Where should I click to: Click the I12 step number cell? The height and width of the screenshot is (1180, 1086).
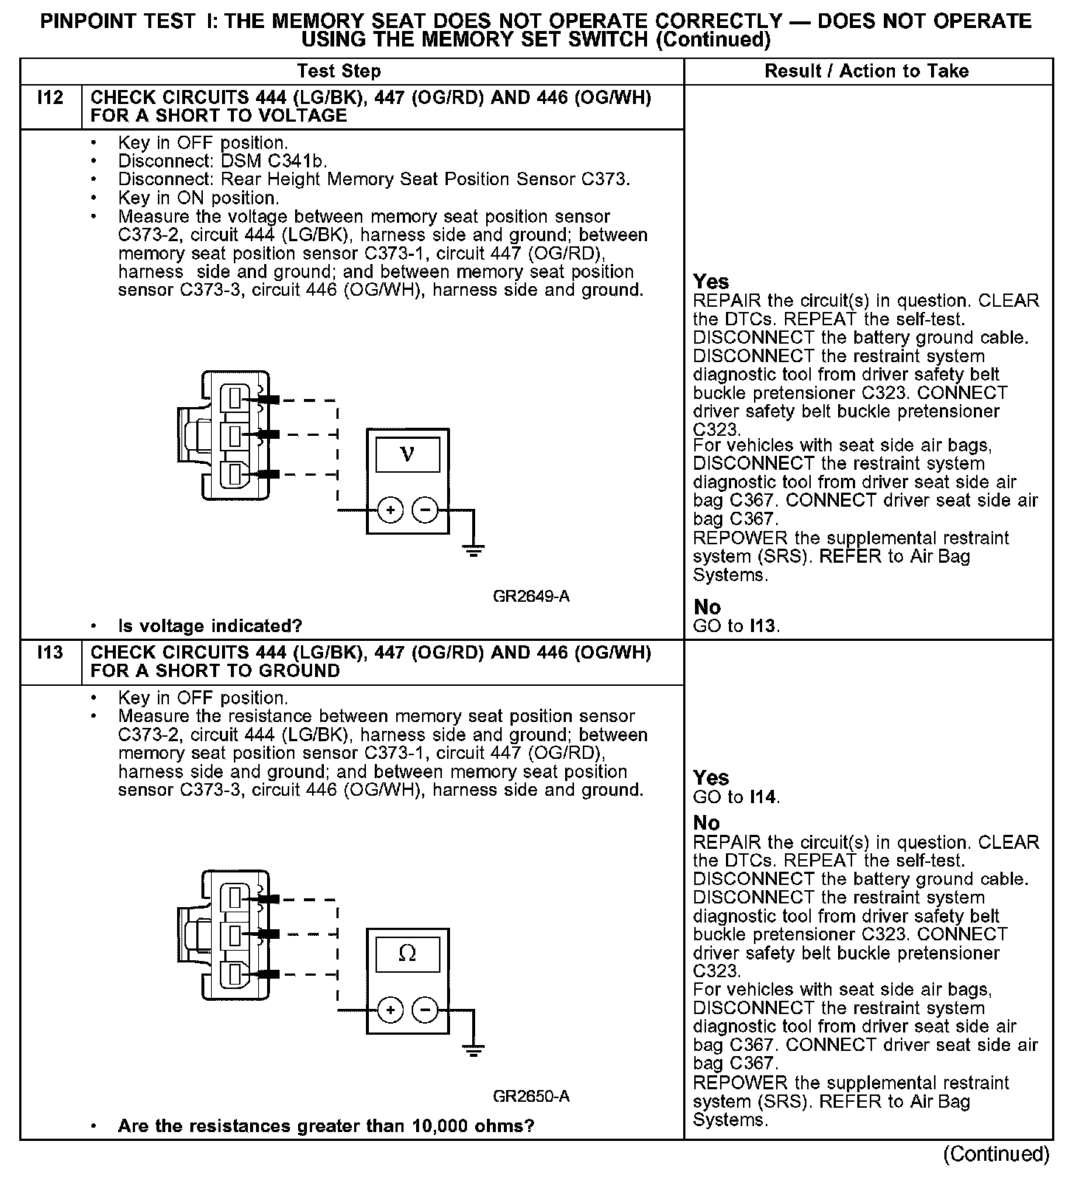tap(49, 98)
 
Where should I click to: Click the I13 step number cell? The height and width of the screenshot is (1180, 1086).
tap(49, 653)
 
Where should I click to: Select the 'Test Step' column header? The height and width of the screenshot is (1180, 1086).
tap(339, 72)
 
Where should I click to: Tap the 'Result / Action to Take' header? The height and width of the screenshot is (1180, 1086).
tap(866, 72)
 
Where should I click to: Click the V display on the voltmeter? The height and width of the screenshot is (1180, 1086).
tap(407, 454)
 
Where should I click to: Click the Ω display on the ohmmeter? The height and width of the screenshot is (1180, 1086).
tap(407, 954)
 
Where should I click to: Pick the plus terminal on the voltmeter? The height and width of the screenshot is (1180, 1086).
tap(390, 510)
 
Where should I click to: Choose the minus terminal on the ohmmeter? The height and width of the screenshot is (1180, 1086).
tap(424, 1010)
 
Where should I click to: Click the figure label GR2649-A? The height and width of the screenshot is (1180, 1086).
tap(531, 597)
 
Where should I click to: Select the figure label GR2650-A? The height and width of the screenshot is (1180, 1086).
tap(531, 1097)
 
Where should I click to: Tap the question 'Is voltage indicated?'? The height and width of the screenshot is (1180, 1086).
tap(210, 626)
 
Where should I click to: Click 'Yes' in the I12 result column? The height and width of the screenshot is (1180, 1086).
tap(711, 282)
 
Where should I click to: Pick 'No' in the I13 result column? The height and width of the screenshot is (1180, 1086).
tap(707, 823)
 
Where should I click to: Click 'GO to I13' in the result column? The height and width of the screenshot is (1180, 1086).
tap(736, 626)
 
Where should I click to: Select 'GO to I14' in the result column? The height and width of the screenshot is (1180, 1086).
tap(736, 797)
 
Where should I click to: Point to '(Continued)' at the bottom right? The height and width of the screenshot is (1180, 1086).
tap(996, 1155)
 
